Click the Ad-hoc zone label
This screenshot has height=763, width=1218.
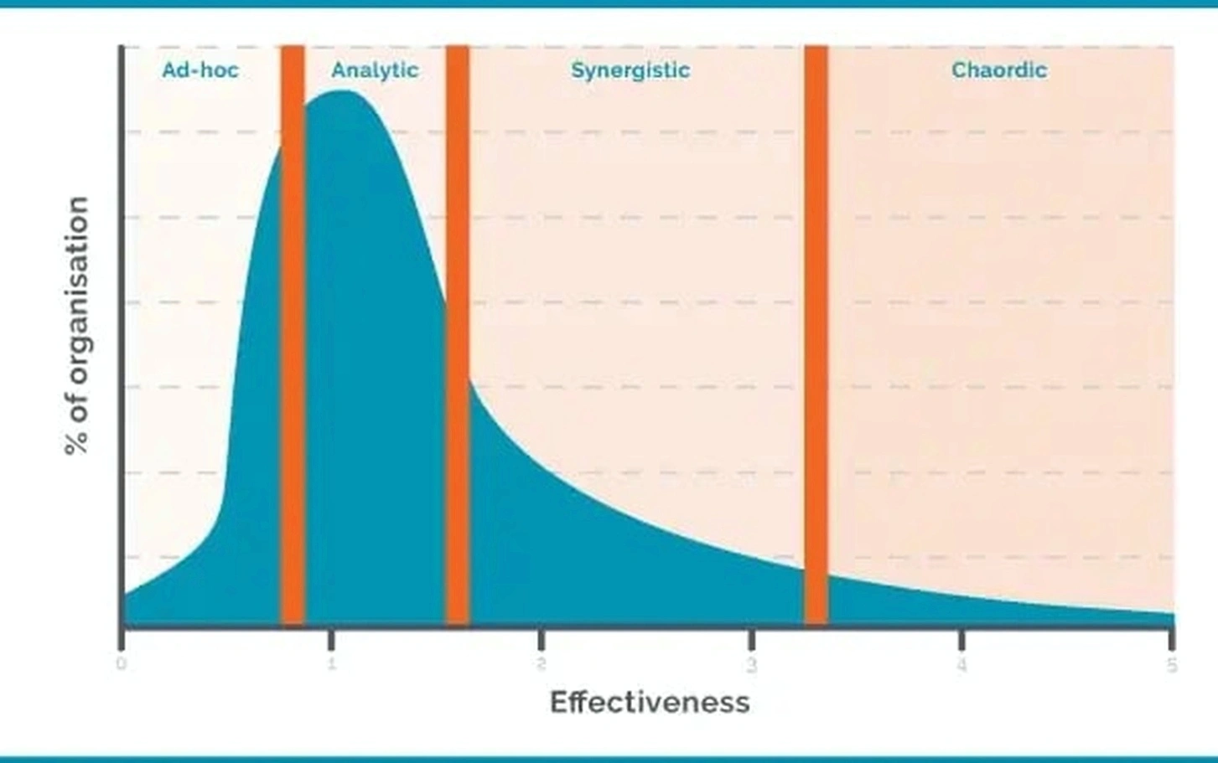pyautogui.click(x=200, y=70)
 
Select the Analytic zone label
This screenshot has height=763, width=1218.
pyautogui.click(x=375, y=70)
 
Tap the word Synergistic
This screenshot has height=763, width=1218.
pyautogui.click(x=630, y=70)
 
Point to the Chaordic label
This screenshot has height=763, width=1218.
pyautogui.click(x=998, y=70)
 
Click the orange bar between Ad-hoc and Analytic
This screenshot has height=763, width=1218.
pyautogui.click(x=293, y=335)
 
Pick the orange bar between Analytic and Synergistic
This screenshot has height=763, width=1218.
pyautogui.click(x=458, y=335)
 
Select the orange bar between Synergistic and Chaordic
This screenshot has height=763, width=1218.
pyautogui.click(x=816, y=335)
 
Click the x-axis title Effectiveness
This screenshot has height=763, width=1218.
pyautogui.click(x=650, y=702)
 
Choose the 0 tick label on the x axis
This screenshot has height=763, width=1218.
pyautogui.click(x=122, y=665)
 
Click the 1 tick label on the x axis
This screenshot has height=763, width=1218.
pyautogui.click(x=332, y=665)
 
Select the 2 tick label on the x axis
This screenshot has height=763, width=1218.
pyautogui.click(x=542, y=665)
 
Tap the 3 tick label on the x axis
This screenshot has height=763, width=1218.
pyautogui.click(x=752, y=665)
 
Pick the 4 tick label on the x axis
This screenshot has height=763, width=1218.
pyautogui.click(x=961, y=665)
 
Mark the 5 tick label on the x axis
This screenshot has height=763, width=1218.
pyautogui.click(x=1171, y=665)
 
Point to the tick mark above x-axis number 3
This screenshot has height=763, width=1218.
pyautogui.click(x=752, y=638)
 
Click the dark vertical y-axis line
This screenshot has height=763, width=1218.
pyautogui.click(x=122, y=335)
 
